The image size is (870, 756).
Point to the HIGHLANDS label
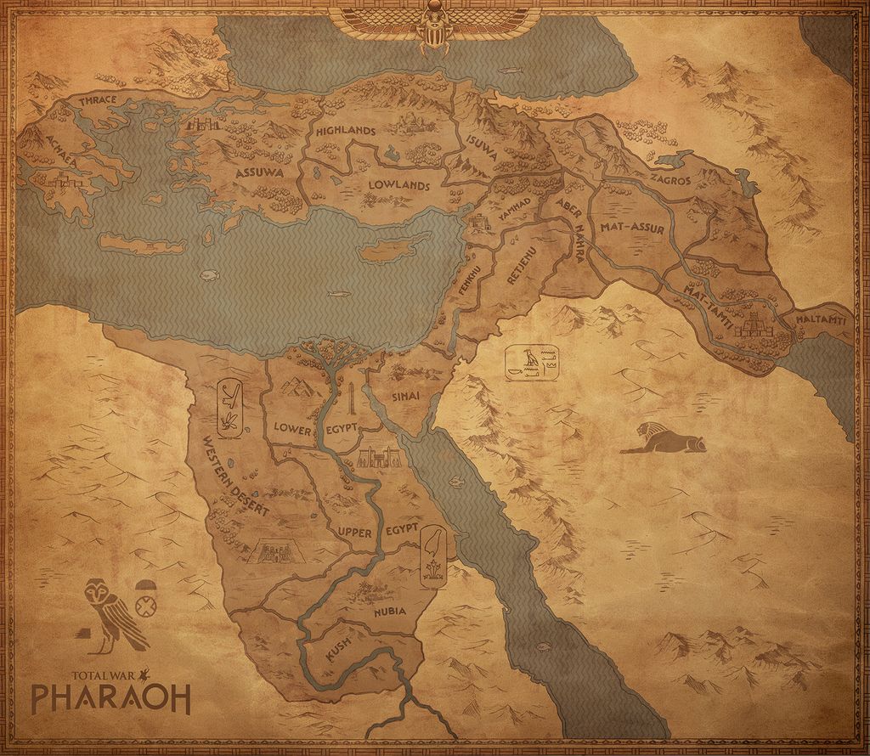coord(345,131)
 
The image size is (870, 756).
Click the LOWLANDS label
coord(398,185)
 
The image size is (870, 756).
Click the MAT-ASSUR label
coord(631,228)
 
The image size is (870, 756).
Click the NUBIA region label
coord(389,611)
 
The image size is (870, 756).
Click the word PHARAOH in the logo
coord(110,697)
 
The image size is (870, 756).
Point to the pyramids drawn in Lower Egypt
coord(297,387)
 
